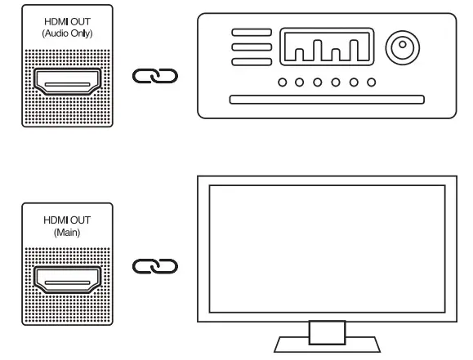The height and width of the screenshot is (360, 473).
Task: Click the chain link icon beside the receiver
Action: (x=154, y=76)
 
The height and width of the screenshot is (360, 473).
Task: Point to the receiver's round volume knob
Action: (x=401, y=50)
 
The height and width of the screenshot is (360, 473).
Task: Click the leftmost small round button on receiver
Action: (x=281, y=82)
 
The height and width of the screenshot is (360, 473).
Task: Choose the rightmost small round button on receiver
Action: (x=372, y=82)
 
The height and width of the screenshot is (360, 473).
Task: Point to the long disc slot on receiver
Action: (x=327, y=101)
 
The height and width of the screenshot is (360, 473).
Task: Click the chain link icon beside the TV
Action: (x=154, y=266)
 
